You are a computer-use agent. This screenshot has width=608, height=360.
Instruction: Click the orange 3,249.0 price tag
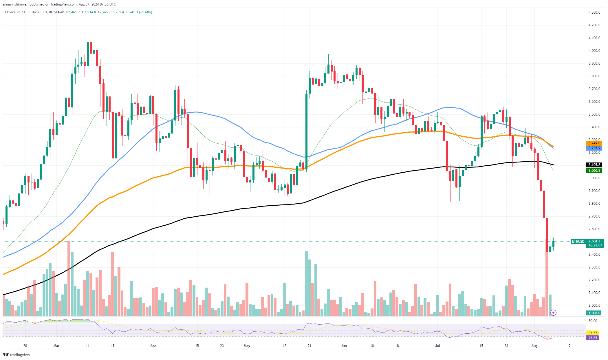click(594, 143)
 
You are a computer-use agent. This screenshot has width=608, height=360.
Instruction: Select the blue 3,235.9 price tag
click(594, 148)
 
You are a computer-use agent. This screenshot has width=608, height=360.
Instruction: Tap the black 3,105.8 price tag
click(594, 165)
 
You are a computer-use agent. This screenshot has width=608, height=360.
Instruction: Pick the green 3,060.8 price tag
click(594, 171)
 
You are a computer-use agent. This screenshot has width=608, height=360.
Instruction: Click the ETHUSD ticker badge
click(578, 241)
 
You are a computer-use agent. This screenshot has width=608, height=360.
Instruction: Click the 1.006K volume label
click(594, 313)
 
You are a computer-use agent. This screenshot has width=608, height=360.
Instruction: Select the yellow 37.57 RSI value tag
click(593, 333)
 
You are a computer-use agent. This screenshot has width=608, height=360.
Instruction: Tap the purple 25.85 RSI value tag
click(593, 338)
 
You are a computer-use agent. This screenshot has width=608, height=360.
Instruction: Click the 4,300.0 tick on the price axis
click(594, 12)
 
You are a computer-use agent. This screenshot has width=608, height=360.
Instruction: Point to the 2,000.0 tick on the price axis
click(594, 306)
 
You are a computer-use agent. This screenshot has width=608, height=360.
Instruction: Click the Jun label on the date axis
click(344, 346)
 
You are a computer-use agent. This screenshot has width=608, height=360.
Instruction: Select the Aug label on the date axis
click(534, 346)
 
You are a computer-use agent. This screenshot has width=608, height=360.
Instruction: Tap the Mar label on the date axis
click(56, 346)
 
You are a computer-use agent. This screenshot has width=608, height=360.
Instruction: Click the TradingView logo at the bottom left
click(17, 355)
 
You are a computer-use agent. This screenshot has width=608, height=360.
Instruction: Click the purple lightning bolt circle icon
click(553, 313)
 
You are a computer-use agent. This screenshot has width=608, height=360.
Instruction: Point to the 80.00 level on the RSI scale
click(593, 321)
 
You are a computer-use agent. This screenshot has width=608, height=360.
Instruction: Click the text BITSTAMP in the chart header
click(56, 12)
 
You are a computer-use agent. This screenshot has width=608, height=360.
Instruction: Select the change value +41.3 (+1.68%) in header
click(141, 12)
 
